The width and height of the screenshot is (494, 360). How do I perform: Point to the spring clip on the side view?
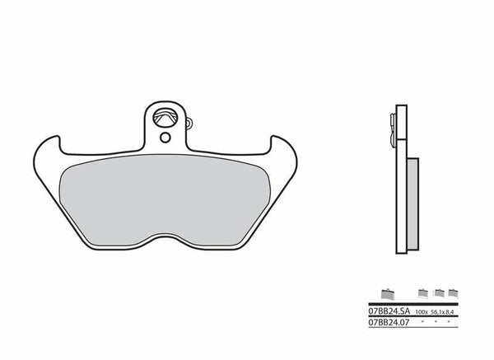(390, 124)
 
